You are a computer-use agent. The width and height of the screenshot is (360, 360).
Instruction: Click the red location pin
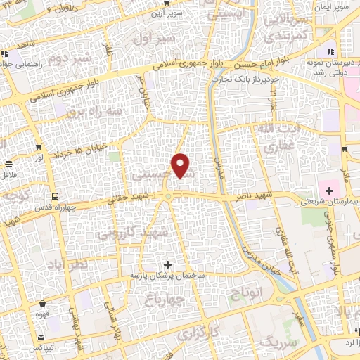pyautogui.click(x=181, y=166)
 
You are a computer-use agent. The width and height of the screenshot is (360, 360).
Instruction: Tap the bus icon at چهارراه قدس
pyautogui.click(x=54, y=196)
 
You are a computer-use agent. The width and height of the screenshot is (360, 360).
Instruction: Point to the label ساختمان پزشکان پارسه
pyautogui.click(x=167, y=276)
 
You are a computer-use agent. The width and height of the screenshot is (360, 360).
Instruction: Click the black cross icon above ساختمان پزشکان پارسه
pyautogui.click(x=167, y=265)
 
